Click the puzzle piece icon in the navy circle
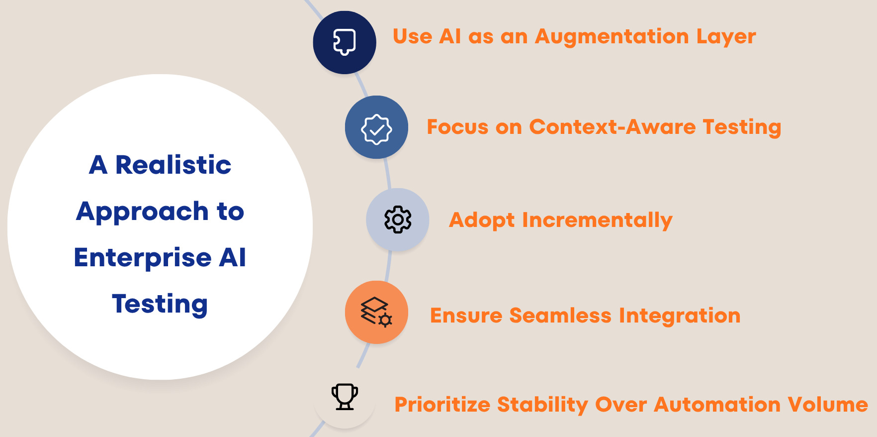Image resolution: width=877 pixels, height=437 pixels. click(x=344, y=42)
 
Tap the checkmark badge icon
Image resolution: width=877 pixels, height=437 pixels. click(x=376, y=129)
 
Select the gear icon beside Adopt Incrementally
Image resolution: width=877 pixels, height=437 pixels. click(x=398, y=219)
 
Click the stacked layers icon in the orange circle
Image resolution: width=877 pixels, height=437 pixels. click(x=376, y=312)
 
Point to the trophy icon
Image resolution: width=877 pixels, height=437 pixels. click(x=345, y=397)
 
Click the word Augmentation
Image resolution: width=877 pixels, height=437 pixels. click(x=612, y=37)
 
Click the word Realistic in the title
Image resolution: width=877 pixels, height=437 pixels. click(x=173, y=165)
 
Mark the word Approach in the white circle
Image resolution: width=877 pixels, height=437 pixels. click(x=142, y=212)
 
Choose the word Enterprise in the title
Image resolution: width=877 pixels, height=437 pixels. click(x=142, y=258)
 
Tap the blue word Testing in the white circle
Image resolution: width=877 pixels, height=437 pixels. click(x=160, y=304)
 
